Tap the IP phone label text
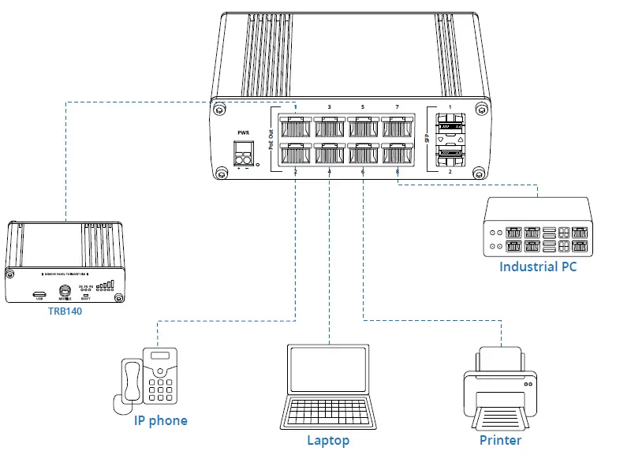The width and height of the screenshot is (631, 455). (160, 420)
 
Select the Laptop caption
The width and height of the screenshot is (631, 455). (328, 440)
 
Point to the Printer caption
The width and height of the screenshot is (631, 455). (500, 440)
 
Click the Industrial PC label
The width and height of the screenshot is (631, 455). (537, 267)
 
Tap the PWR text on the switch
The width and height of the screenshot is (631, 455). (243, 133)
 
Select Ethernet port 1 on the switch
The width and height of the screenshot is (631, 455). (296, 126)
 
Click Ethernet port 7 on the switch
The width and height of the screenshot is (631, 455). (398, 126)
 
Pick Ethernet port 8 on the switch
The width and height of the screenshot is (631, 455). (398, 155)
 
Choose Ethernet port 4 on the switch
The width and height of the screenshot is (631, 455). (330, 155)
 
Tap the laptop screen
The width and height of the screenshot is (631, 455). (328, 371)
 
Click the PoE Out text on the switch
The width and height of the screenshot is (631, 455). (271, 140)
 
